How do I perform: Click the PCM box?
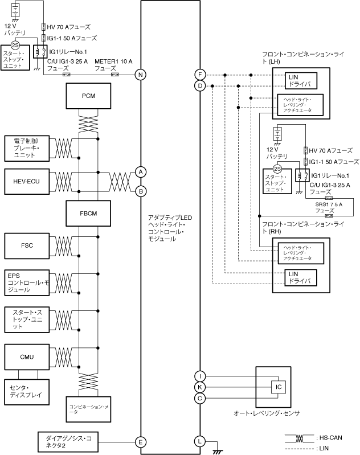88,96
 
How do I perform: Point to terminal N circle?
140,75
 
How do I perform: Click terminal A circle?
140,171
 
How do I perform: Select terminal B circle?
140,191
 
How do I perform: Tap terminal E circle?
140,441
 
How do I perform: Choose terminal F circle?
200,75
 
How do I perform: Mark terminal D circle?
200,86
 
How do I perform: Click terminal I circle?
200,376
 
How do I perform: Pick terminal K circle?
200,387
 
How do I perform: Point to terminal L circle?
200,441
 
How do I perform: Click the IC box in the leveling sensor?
279,387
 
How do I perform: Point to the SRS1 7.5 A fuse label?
329,207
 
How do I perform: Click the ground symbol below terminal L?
216,450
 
